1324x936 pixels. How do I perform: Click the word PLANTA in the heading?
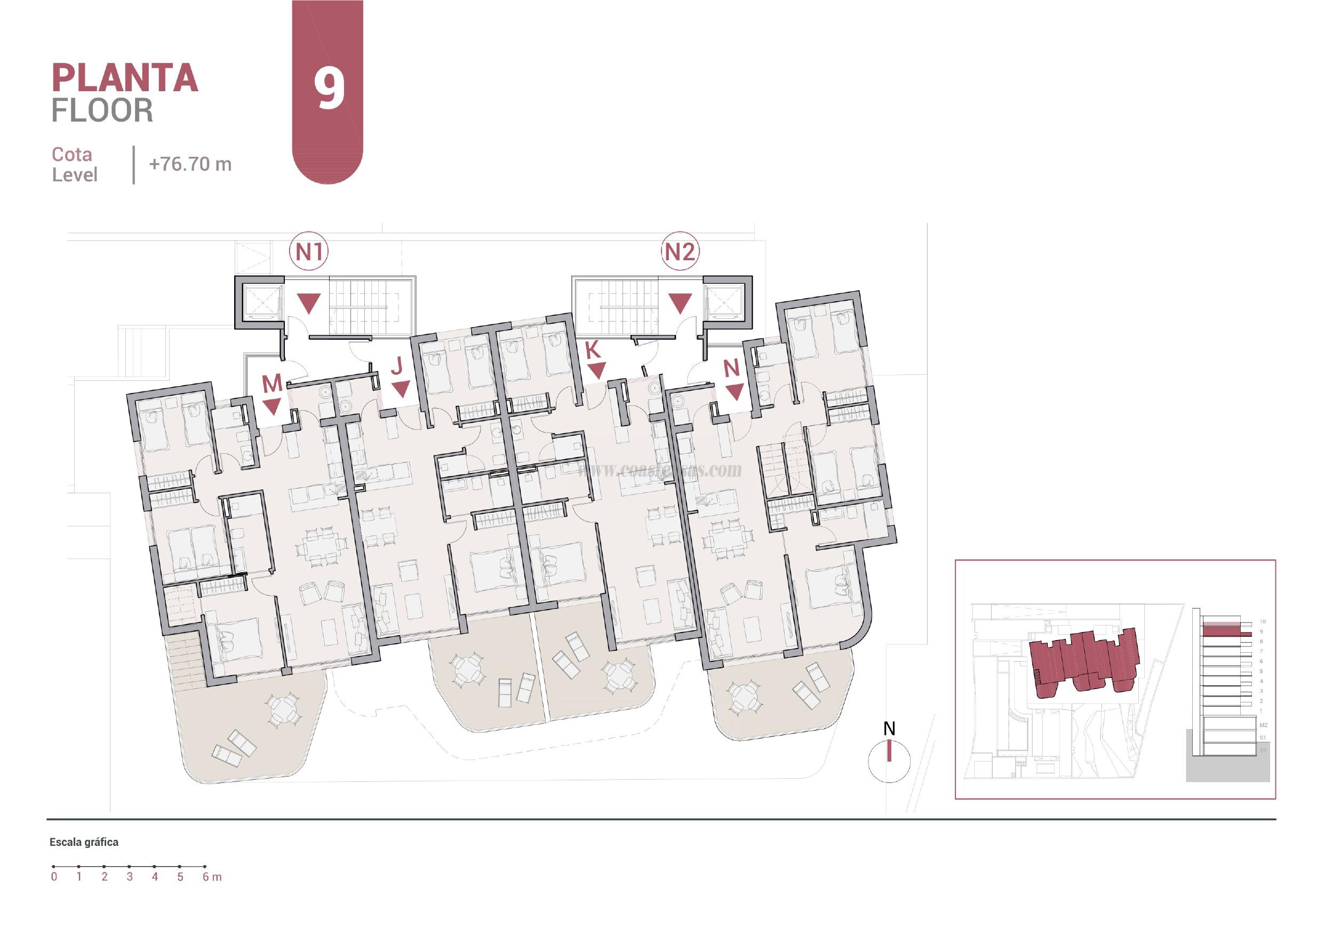(125, 78)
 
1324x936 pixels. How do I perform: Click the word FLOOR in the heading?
(102, 111)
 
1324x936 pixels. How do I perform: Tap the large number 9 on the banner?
(329, 88)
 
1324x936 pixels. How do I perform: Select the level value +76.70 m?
(190, 164)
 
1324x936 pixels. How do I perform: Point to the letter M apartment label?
(272, 383)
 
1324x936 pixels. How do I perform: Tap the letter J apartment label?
(397, 366)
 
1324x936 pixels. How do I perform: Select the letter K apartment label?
(593, 350)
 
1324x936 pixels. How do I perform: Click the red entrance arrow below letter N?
(734, 393)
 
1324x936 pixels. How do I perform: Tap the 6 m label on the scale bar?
(212, 877)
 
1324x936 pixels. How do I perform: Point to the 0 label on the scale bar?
(54, 877)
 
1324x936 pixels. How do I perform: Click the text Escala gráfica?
(84, 842)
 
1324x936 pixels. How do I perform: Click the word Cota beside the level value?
(72, 155)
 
